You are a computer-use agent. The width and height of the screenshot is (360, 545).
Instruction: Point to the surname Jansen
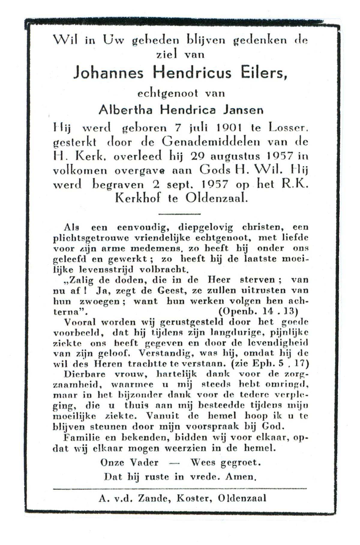click(243, 110)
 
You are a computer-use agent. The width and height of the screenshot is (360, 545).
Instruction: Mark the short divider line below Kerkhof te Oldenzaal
click(179, 214)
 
